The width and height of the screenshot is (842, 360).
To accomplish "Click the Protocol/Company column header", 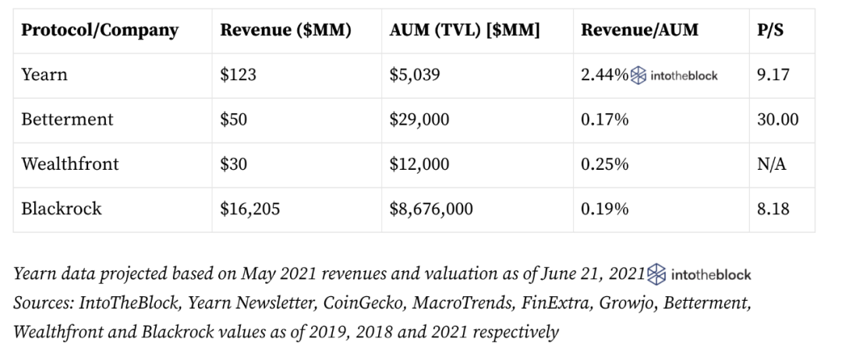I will [100, 30].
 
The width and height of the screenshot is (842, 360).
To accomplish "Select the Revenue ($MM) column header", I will [285, 30].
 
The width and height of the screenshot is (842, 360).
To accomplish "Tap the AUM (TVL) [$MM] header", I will [465, 30].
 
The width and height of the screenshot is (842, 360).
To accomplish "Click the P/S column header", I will [771, 30].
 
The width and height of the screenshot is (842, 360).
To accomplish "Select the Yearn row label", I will [44, 75].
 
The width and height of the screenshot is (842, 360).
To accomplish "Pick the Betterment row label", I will [67, 119].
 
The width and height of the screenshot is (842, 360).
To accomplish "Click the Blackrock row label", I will [62, 208].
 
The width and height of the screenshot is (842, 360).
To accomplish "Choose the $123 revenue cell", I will [237, 75].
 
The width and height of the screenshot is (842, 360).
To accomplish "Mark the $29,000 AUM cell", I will [422, 119].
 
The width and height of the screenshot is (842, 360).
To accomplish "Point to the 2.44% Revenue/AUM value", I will [605, 75].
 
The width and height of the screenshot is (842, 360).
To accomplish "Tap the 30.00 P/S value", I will [777, 119].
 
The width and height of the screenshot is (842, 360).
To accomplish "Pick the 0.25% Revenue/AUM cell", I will [604, 164].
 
